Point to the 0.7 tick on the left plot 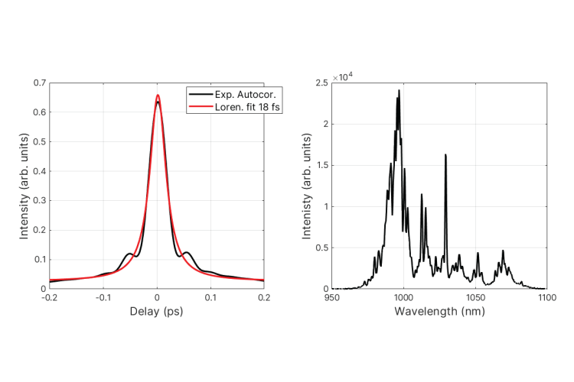pyautogui.click(x=40, y=83)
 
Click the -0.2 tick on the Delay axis pyautogui.click(x=51, y=297)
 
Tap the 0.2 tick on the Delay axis pyautogui.click(x=264, y=297)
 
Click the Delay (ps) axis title pyautogui.click(x=157, y=312)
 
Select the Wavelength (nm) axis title pyautogui.click(x=439, y=312)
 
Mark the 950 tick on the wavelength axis pyautogui.click(x=332, y=297)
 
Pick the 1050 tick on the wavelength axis pyautogui.click(x=475, y=297)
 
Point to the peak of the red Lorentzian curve pyautogui.click(x=157, y=95)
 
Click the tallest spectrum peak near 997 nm pyautogui.click(x=399, y=91)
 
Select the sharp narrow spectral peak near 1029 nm pyautogui.click(x=445, y=155)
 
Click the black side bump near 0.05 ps pyautogui.click(x=186, y=252)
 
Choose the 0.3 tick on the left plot pyautogui.click(x=40, y=200)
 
